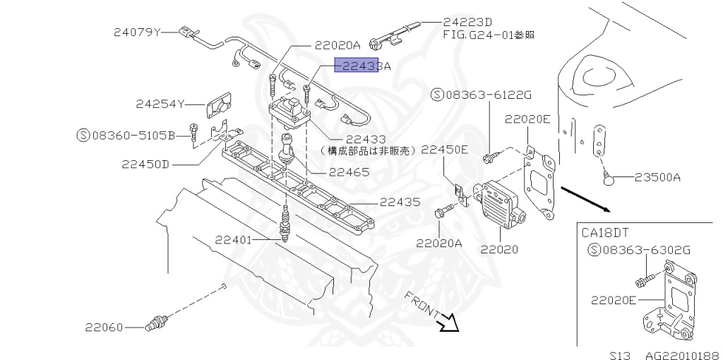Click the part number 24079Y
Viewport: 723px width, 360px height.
(138, 32)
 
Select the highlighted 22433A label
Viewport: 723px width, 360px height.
(361, 66)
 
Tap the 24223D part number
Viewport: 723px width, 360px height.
(468, 23)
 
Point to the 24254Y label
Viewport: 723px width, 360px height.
(160, 104)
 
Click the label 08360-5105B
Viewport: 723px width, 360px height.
(133, 134)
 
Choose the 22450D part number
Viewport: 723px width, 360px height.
(145, 164)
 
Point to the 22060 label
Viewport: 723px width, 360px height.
(104, 328)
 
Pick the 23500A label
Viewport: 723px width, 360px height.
(657, 177)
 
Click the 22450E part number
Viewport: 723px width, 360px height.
(445, 149)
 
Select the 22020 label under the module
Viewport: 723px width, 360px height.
(499, 248)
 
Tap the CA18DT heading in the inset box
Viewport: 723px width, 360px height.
(606, 232)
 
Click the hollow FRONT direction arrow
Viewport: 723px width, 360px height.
(447, 323)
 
